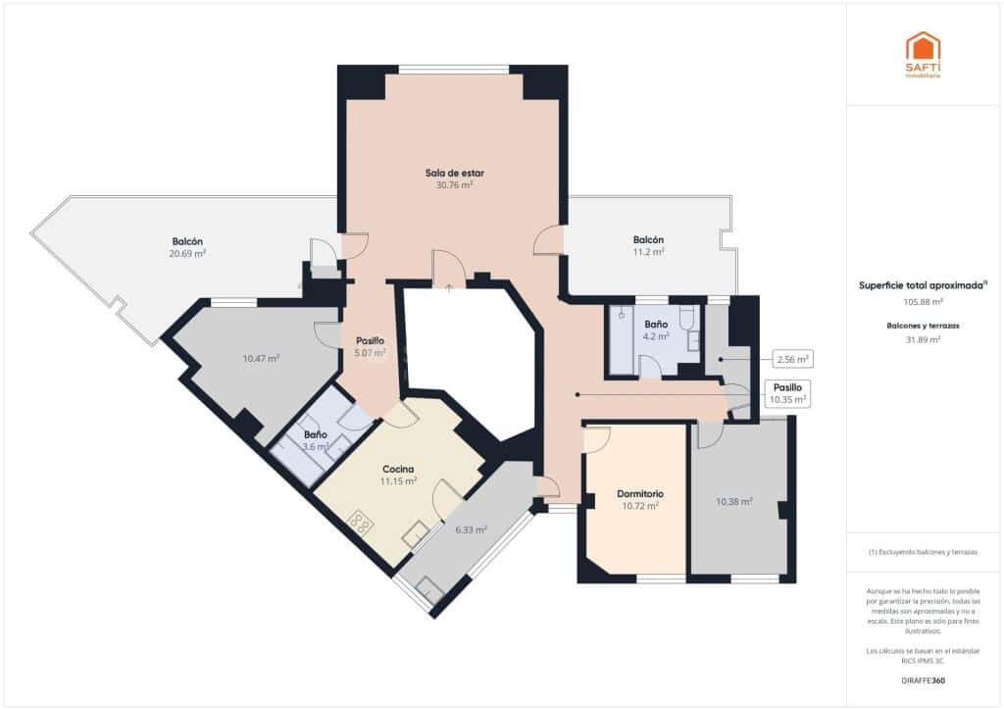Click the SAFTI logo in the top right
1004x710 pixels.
click(x=922, y=54)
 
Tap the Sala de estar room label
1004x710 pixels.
click(x=454, y=173)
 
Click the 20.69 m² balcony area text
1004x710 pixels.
click(x=187, y=253)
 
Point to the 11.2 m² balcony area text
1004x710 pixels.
click(x=648, y=251)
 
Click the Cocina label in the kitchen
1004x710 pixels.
click(x=398, y=469)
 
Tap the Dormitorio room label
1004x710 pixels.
click(x=640, y=493)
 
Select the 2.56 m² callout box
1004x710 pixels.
click(x=791, y=359)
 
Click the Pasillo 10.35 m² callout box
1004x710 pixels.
click(x=788, y=393)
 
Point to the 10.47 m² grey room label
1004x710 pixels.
click(x=261, y=359)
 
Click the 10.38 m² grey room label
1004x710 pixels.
click(x=734, y=502)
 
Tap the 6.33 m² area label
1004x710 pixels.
click(x=471, y=530)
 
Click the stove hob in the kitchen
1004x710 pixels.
click(x=361, y=523)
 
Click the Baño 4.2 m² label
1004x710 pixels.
click(x=656, y=330)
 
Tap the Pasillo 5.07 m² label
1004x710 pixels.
click(x=370, y=346)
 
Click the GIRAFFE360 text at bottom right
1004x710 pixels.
click(x=923, y=680)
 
